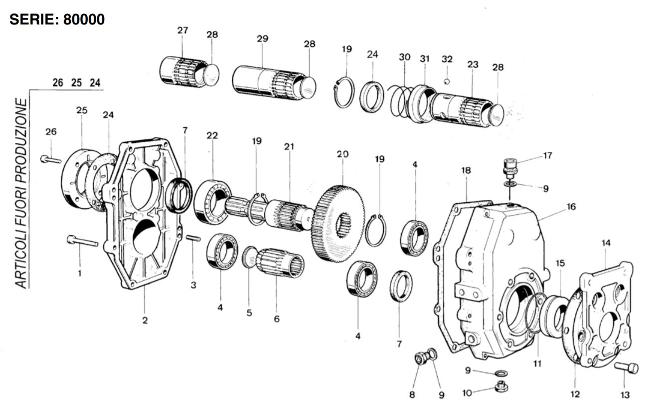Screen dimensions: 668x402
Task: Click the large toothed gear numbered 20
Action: click(x=339, y=223)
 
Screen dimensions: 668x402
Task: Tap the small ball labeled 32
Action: click(x=447, y=81)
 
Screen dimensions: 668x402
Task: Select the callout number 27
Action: click(x=182, y=30)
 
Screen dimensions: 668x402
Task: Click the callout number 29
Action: click(x=262, y=38)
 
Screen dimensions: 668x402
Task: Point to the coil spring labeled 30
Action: click(x=400, y=101)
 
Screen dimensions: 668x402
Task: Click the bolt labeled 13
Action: click(x=626, y=368)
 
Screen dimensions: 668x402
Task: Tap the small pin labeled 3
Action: click(x=193, y=238)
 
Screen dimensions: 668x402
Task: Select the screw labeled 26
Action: click(x=51, y=159)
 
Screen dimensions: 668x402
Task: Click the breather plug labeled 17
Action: click(x=510, y=168)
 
